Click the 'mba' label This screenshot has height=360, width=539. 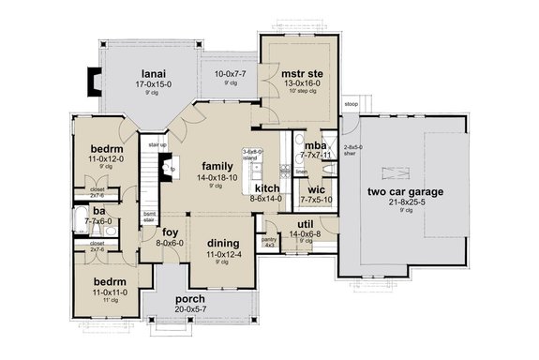coord(315,146)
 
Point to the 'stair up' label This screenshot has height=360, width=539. coord(157,145)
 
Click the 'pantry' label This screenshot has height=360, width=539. coord(269,239)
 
